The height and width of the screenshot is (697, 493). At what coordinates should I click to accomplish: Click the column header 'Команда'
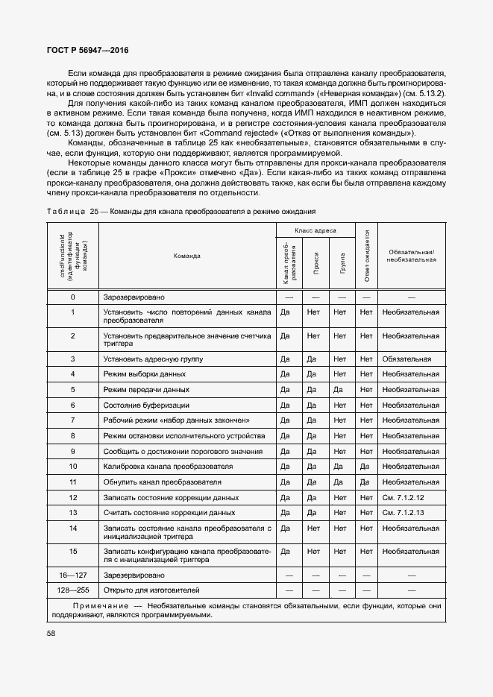[x=186, y=256]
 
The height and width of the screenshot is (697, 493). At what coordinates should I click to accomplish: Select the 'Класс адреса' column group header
[x=315, y=231]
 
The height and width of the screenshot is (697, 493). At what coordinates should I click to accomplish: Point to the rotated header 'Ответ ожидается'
[x=366, y=256]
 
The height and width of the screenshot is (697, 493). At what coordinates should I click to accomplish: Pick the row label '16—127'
[x=73, y=575]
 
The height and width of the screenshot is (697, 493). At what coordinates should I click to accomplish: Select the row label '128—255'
[x=73, y=590]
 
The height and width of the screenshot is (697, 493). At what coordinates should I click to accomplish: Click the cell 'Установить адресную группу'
[x=154, y=359]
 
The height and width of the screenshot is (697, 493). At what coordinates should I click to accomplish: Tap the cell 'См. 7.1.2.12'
[x=403, y=497]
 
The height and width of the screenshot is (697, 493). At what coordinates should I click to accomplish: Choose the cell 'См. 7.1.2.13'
[x=403, y=513]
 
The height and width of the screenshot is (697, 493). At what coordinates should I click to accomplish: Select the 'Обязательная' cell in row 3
[x=406, y=359]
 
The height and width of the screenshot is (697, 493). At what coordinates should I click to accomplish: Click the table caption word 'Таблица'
[x=66, y=211]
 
